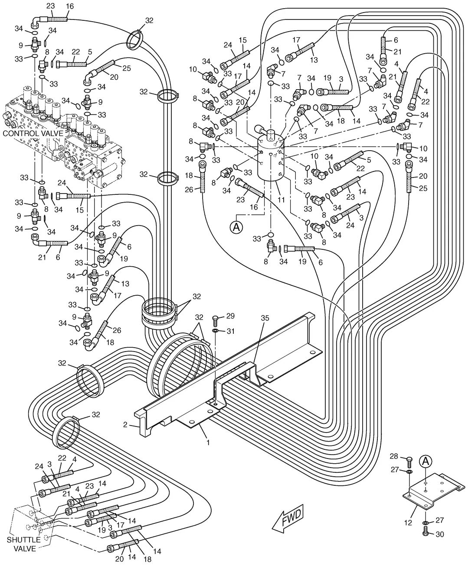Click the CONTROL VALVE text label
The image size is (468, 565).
(33, 133)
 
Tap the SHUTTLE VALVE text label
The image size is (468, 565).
(24, 544)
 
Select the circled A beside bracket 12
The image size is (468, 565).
(425, 461)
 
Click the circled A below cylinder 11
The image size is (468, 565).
(236, 227)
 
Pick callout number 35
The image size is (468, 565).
(265, 318)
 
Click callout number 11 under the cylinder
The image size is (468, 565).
(281, 200)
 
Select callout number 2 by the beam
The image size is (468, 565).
(125, 425)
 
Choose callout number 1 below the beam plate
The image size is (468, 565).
(208, 442)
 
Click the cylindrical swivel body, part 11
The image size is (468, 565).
(271, 158)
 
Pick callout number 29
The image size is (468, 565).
(230, 316)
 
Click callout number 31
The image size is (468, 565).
(230, 331)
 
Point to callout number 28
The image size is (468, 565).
(394, 456)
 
